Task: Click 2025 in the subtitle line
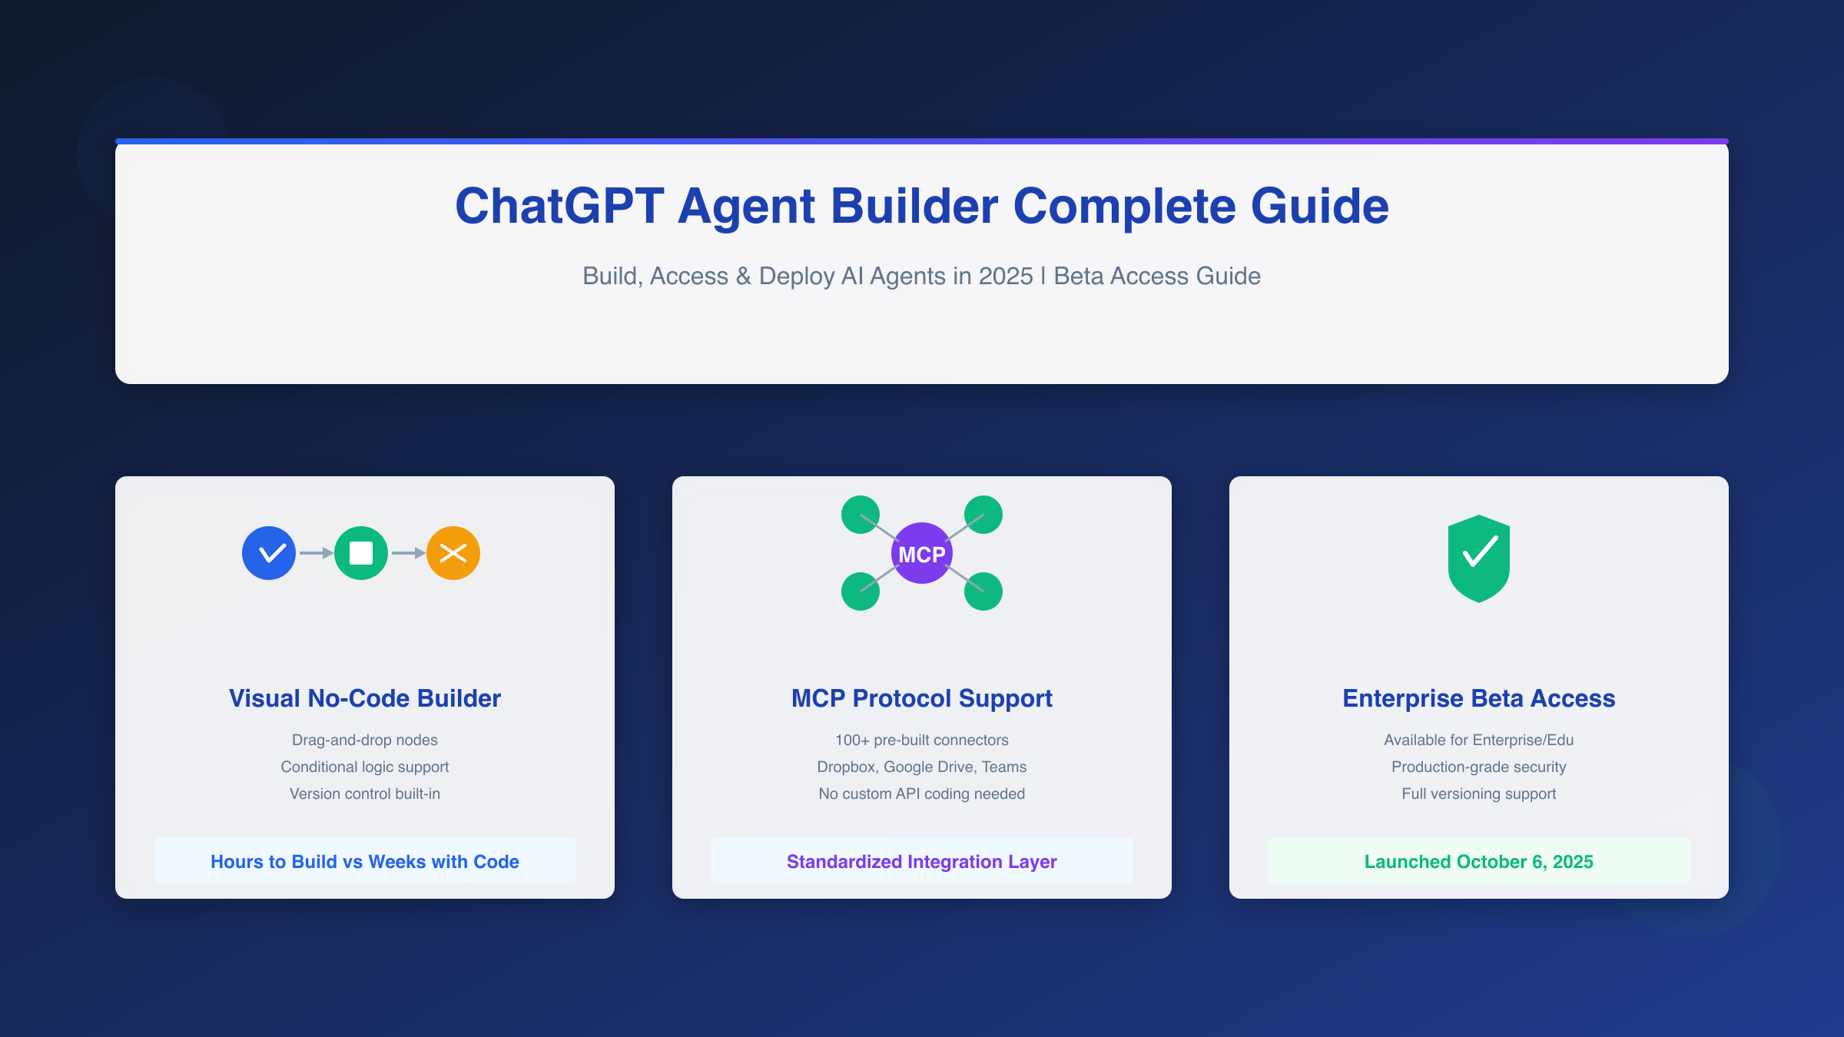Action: [1005, 276]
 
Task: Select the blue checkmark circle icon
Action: [269, 553]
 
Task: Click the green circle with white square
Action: [361, 553]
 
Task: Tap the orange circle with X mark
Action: [453, 553]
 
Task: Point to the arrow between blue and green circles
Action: [316, 553]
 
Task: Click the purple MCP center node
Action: [922, 554]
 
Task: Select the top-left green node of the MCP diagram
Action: [861, 515]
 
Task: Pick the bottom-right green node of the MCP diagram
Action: [983, 591]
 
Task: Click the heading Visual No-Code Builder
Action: [365, 698]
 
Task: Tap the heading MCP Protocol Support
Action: [922, 698]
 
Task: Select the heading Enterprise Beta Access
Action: [1479, 698]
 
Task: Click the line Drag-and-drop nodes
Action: [365, 740]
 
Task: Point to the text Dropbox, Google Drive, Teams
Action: [922, 767]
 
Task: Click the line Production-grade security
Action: [1479, 767]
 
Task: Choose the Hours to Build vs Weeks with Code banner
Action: [365, 861]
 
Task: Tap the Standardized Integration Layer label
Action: [922, 861]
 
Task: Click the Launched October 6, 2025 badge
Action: [1479, 861]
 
